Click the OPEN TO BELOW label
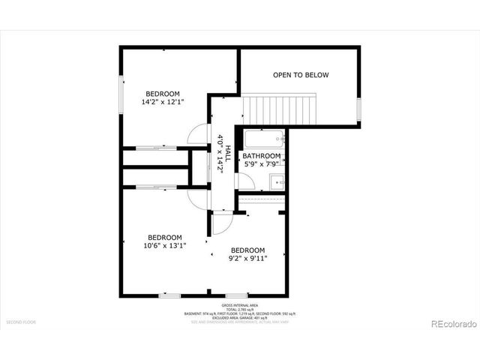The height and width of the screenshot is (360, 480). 301,75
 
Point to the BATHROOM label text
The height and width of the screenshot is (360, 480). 261,156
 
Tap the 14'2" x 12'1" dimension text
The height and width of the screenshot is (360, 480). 163,102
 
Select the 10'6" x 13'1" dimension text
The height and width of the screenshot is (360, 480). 165,244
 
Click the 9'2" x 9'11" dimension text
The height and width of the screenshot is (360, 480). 247,260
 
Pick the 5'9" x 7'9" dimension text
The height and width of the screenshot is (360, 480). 261,164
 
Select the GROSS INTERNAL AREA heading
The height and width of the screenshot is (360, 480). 240,305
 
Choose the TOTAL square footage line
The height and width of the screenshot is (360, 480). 240,309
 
